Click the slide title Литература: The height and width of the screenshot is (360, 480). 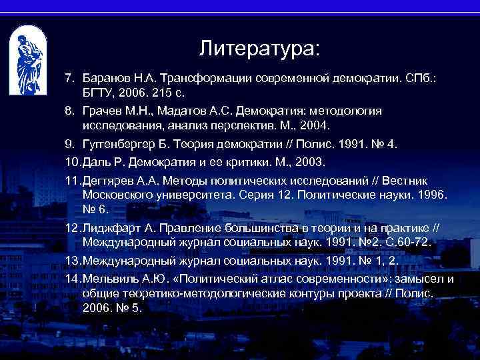[259, 49]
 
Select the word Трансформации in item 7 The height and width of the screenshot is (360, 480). [209, 79]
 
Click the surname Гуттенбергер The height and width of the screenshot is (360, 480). [121, 143]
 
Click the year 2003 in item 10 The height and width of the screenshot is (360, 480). [307, 162]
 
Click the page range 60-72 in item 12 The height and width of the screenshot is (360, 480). [410, 243]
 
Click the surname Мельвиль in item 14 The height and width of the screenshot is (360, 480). [110, 277]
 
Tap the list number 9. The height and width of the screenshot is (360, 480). [69, 143]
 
